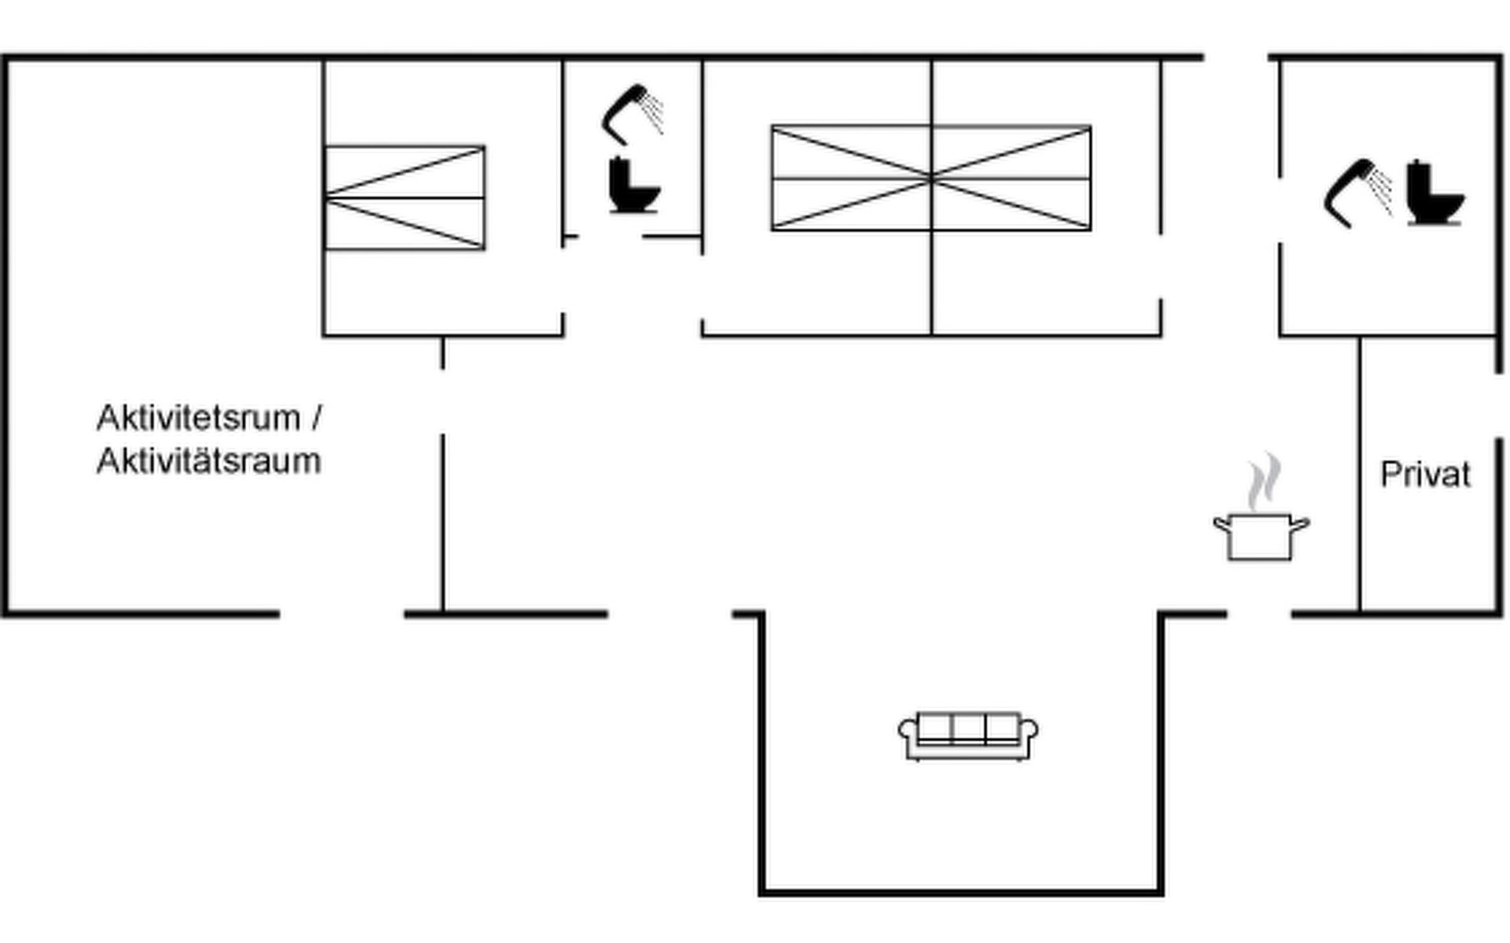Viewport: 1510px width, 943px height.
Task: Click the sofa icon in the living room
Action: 967,736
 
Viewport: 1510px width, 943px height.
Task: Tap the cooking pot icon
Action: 1260,536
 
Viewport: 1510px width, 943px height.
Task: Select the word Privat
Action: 1425,475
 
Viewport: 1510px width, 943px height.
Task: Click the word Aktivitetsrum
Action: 198,418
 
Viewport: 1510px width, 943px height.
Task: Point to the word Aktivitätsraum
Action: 208,461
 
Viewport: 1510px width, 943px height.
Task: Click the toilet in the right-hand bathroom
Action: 1434,193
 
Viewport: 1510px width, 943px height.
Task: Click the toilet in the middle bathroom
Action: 634,186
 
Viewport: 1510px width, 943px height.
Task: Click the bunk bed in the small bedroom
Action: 405,198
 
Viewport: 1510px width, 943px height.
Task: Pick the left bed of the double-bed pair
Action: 851,178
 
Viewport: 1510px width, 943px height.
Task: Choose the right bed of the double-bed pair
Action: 1011,178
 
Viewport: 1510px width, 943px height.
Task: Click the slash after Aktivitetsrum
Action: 316,418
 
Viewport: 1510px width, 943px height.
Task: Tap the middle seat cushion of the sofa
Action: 968,728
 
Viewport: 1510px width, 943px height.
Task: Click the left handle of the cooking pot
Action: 1221,524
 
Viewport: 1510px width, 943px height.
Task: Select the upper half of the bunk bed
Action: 405,171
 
